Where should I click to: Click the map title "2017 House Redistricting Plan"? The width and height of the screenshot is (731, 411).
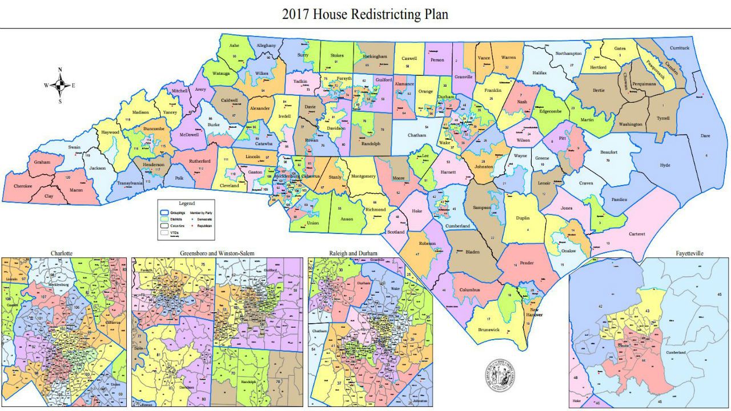click(365, 14)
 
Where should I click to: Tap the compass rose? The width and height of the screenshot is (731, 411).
click(60, 86)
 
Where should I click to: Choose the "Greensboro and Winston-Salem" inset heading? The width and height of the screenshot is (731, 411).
click(217, 252)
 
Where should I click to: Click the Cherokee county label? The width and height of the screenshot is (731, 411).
click(23, 186)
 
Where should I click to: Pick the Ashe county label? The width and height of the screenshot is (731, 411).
click(234, 46)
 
